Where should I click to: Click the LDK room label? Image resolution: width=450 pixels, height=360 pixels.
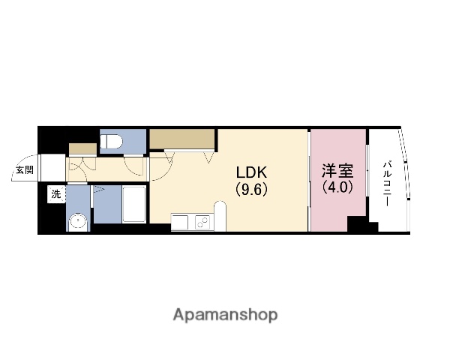(253, 170)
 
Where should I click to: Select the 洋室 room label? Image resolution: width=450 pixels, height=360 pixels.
(337, 170)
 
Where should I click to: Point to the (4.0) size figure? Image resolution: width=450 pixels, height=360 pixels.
(337, 187)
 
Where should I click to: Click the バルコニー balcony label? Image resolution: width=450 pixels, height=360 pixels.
(388, 181)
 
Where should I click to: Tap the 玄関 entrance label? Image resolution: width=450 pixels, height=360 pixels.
(23, 169)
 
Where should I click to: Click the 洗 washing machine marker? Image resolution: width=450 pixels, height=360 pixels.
(56, 194)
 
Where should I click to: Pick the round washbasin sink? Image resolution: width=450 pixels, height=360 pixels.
(76, 222)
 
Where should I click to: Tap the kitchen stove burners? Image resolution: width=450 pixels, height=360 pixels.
(202, 222)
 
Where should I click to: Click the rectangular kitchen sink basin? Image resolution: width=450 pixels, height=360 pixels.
(182, 222)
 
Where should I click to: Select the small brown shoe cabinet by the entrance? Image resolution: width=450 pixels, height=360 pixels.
(81, 147)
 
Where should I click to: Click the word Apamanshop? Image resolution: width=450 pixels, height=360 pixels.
(224, 314)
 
